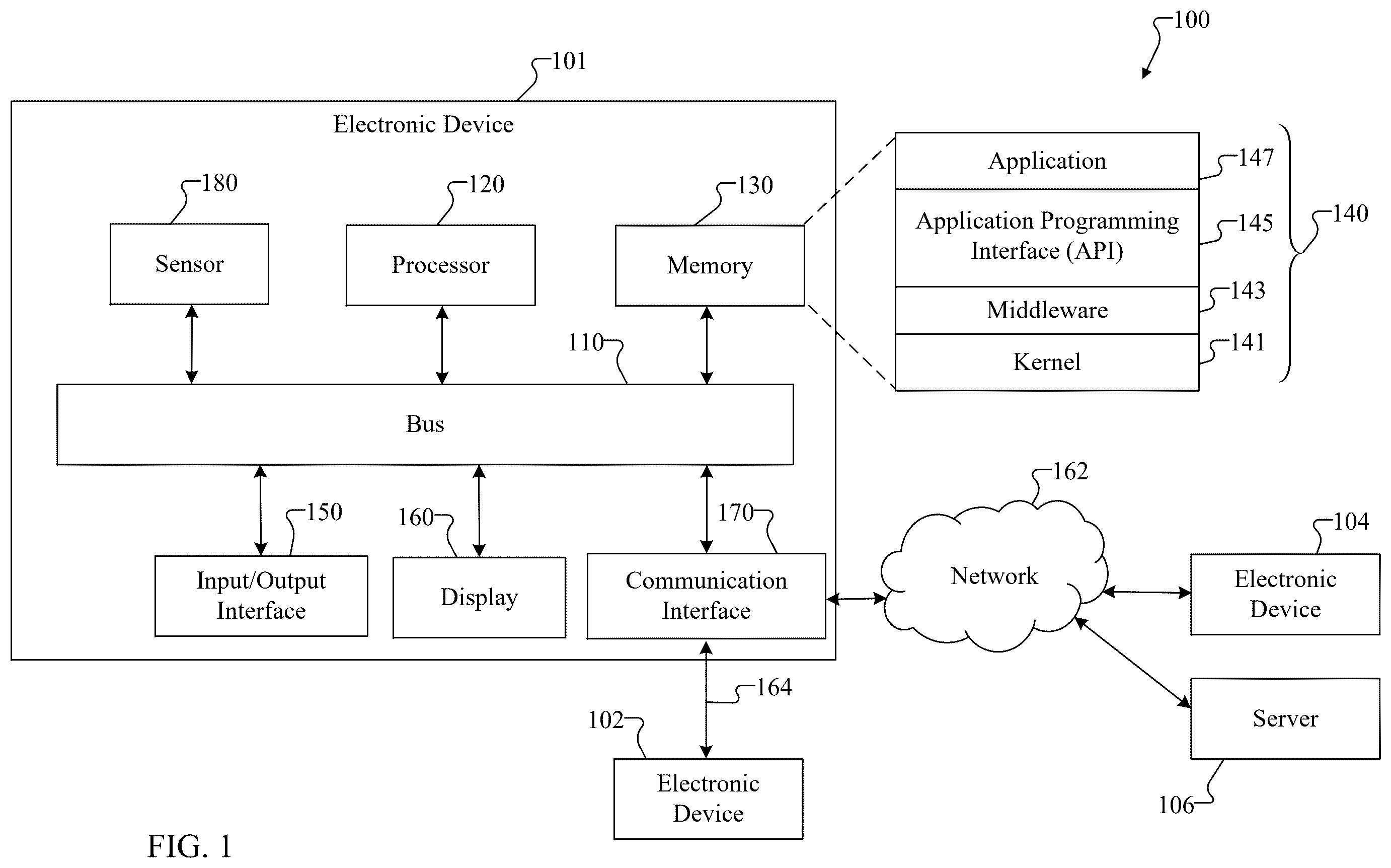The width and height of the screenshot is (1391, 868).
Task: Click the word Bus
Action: click(x=425, y=423)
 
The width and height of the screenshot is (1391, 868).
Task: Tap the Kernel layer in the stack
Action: click(x=1047, y=362)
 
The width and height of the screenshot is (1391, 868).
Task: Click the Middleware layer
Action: click(x=1047, y=310)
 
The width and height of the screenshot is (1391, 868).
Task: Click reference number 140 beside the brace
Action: click(x=1350, y=213)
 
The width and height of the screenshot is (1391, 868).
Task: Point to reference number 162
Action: click(x=1070, y=471)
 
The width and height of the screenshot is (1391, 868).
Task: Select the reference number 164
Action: click(x=774, y=687)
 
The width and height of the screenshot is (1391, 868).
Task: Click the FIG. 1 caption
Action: click(x=189, y=846)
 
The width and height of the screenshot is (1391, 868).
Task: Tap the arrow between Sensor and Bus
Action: click(x=192, y=344)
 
